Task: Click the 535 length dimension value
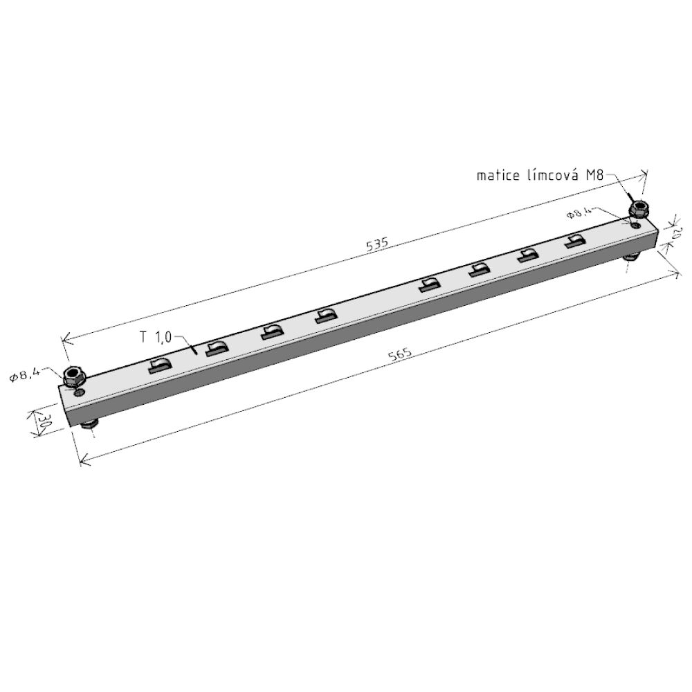click(x=377, y=244)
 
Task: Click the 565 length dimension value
click(x=400, y=354)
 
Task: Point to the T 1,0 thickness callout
click(x=156, y=338)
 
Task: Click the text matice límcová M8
click(x=540, y=175)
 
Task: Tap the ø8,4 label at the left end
click(x=25, y=374)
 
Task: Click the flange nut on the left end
click(x=74, y=376)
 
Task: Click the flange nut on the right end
click(x=638, y=209)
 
